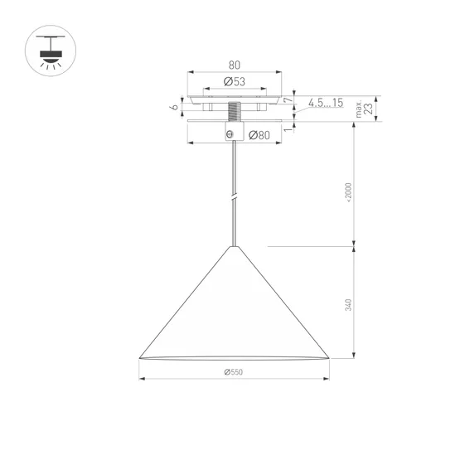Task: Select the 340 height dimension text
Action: pyautogui.click(x=350, y=304)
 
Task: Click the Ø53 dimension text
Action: pyautogui.click(x=235, y=82)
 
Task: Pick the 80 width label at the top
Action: pyautogui.click(x=235, y=63)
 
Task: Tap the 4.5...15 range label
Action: pyautogui.click(x=325, y=103)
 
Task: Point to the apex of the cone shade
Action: pyautogui.click(x=235, y=247)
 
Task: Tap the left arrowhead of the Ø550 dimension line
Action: pyautogui.click(x=142, y=380)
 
